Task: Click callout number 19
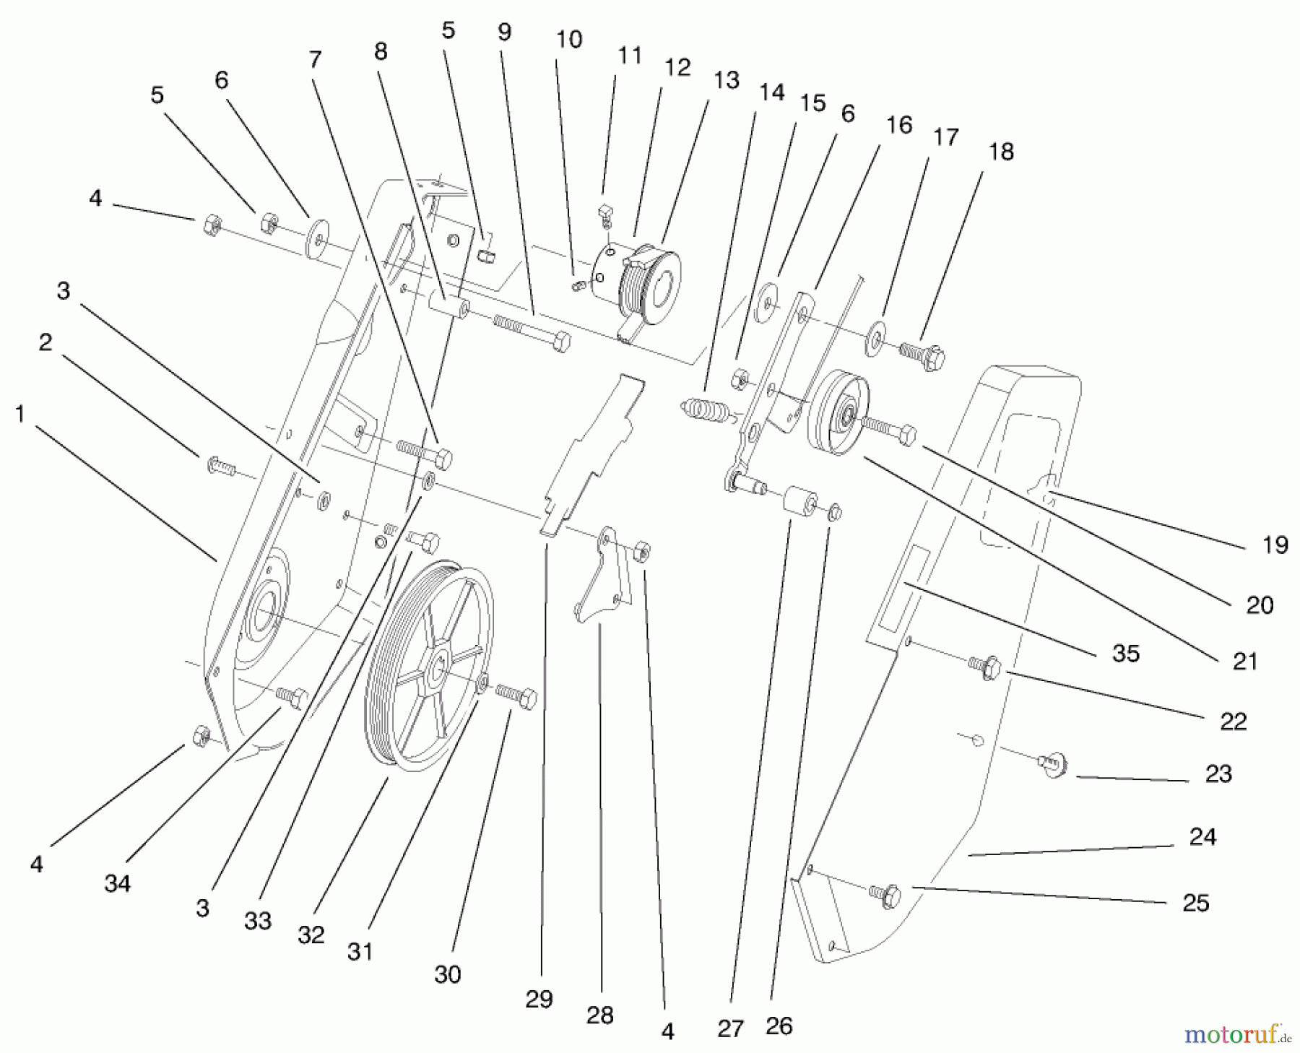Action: tap(1275, 545)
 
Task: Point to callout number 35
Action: tap(1125, 653)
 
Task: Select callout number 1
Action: tap(19, 414)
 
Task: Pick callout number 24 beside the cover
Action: tap(1202, 837)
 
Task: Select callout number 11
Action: tap(629, 56)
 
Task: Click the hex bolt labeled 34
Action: tap(292, 696)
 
